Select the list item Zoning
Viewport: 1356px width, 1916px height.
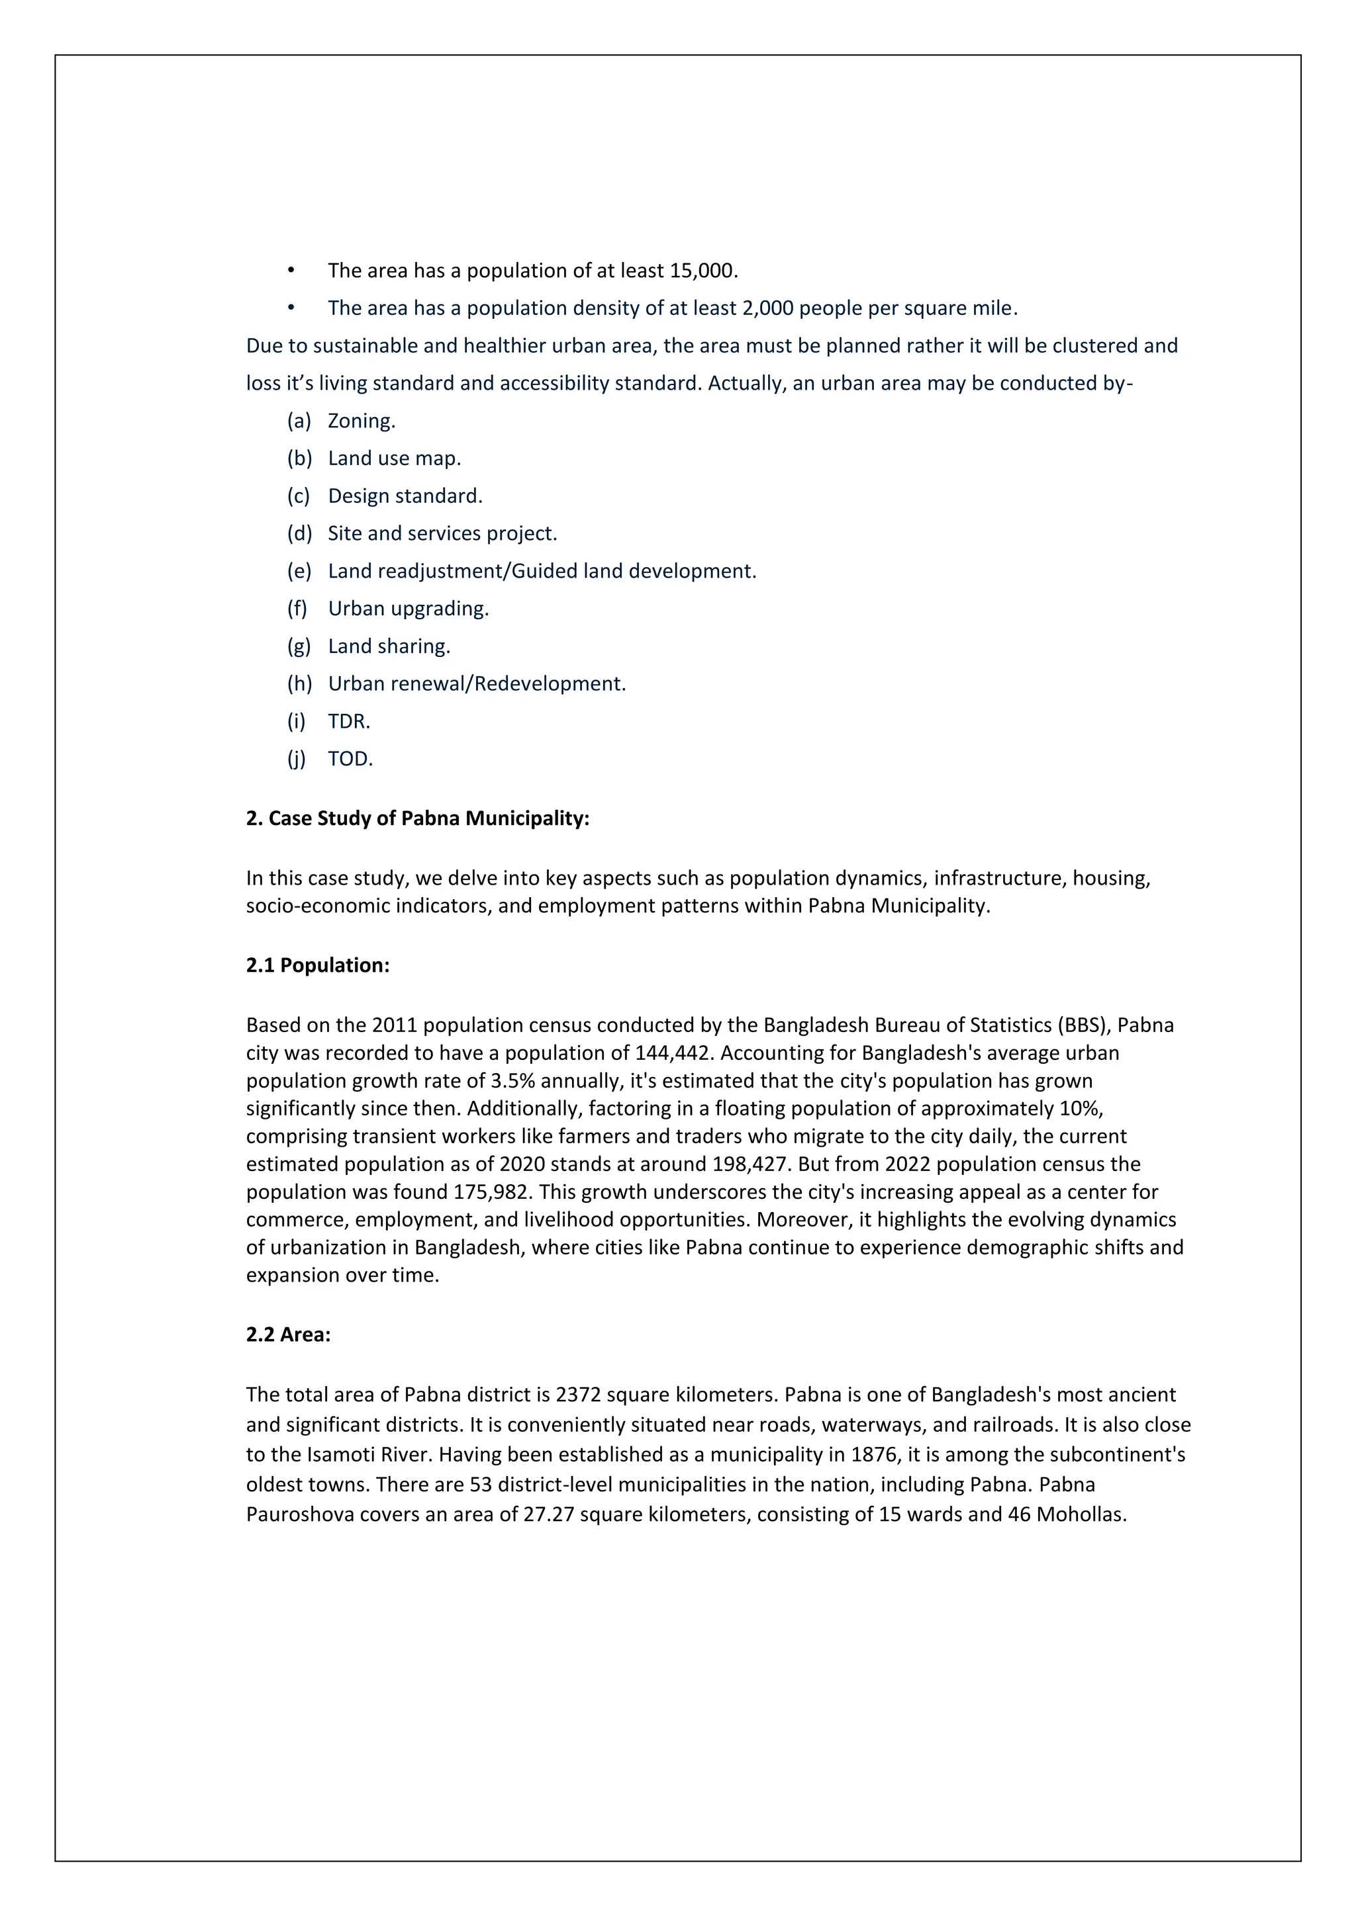pos(361,421)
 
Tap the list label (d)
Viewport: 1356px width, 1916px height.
pos(299,533)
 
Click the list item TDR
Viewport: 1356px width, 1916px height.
pos(348,721)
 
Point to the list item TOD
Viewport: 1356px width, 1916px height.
pos(350,759)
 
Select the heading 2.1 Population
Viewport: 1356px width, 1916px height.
pos(317,965)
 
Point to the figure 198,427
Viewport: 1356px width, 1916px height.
pos(751,1164)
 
